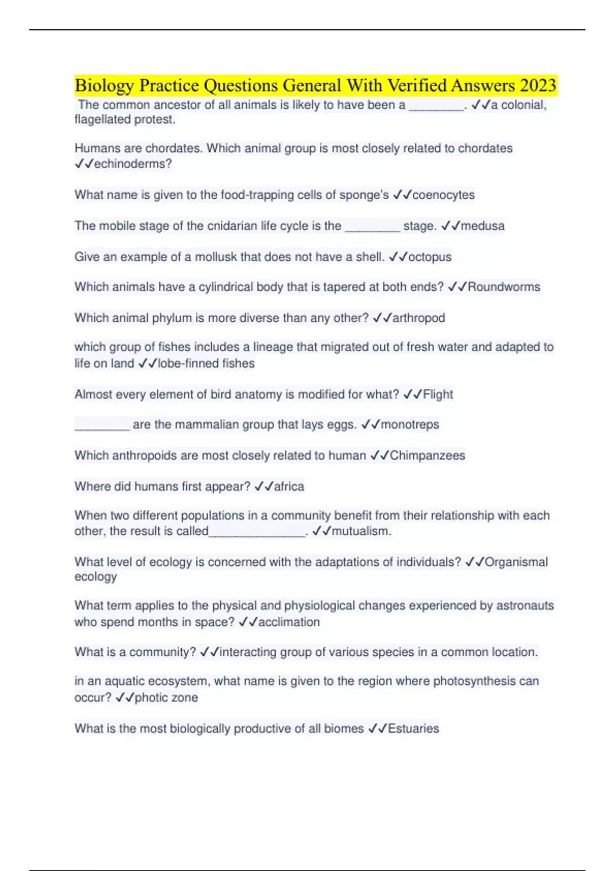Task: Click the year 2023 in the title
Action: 538,85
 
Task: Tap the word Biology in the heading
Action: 104,85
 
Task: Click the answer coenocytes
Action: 443,195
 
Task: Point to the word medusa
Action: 482,226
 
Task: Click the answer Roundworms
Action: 504,287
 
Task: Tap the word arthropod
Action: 418,318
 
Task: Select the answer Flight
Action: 438,395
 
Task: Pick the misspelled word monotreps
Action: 410,425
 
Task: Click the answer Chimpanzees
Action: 427,455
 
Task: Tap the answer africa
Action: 289,486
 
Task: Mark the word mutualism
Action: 361,531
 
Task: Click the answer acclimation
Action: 289,622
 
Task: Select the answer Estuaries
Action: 413,729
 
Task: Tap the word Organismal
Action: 516,562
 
